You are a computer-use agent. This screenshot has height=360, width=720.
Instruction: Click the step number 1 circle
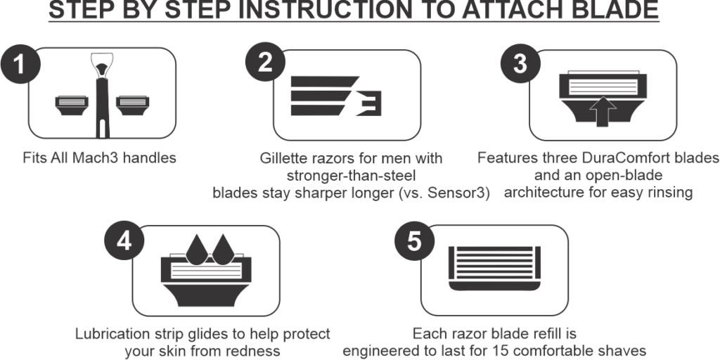coord(20,64)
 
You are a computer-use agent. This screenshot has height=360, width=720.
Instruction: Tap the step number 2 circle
coord(265,63)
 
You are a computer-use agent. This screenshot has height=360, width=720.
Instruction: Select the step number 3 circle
coord(520,63)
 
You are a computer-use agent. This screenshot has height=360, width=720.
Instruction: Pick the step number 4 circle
coord(124,240)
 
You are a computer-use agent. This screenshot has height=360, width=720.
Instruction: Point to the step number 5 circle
coord(414,240)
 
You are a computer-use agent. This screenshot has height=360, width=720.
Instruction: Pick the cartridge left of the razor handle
coord(72,105)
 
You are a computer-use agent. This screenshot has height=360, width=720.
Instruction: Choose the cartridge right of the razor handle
coord(133,105)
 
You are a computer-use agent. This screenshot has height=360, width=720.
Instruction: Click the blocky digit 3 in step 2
coord(369,103)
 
